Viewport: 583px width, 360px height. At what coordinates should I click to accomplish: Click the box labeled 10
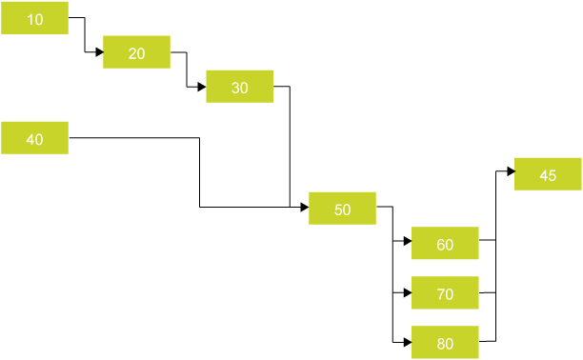pyautogui.click(x=35, y=19)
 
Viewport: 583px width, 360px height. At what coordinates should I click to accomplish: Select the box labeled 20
pyautogui.click(x=136, y=52)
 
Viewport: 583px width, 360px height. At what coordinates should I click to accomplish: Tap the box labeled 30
pyautogui.click(x=239, y=87)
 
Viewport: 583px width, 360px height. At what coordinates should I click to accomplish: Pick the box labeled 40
pyautogui.click(x=35, y=138)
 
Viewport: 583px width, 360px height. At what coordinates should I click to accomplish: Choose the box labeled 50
pyautogui.click(x=342, y=208)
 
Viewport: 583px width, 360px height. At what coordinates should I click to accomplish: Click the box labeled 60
pyautogui.click(x=445, y=243)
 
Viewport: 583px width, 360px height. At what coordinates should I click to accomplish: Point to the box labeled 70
pyautogui.click(x=445, y=292)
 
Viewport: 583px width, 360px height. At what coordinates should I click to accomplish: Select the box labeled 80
pyautogui.click(x=445, y=342)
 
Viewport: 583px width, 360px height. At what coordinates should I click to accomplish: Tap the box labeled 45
pyautogui.click(x=547, y=174)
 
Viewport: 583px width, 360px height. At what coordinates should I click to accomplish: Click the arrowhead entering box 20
pyautogui.click(x=98, y=52)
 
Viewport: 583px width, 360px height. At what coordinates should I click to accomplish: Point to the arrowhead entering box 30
pyautogui.click(x=201, y=87)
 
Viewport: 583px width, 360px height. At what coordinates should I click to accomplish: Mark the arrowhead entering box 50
pyautogui.click(x=304, y=207)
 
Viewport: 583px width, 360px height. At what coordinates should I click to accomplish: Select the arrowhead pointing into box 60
pyautogui.click(x=407, y=242)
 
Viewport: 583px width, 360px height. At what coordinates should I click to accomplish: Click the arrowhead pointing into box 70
pyautogui.click(x=407, y=291)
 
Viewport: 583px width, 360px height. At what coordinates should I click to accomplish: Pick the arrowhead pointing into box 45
pyautogui.click(x=510, y=172)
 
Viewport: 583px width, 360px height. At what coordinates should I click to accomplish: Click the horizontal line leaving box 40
pyautogui.click(x=133, y=138)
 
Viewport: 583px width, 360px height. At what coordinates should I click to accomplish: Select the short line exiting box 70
pyautogui.click(x=487, y=291)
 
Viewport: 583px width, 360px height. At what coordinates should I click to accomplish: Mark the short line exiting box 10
pyautogui.click(x=76, y=17)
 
